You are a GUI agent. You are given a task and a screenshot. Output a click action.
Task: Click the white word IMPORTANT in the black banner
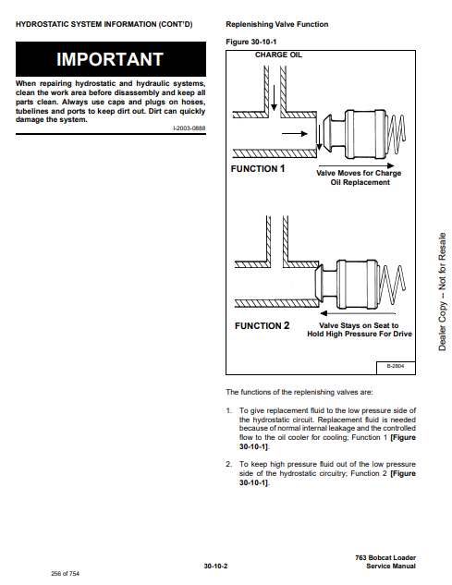pyautogui.click(x=110, y=59)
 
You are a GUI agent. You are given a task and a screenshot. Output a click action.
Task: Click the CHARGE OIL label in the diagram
pyautogui.click(x=278, y=55)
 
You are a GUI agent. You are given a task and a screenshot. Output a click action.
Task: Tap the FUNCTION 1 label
pyautogui.click(x=258, y=168)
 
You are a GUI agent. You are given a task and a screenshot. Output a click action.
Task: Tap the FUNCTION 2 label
pyautogui.click(x=262, y=325)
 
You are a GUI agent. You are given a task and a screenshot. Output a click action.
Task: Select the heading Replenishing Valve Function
pyautogui.click(x=277, y=24)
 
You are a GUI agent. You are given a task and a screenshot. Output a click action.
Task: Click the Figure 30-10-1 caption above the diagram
pyautogui.click(x=251, y=42)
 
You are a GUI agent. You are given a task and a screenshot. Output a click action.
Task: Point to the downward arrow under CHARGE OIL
pyautogui.click(x=274, y=98)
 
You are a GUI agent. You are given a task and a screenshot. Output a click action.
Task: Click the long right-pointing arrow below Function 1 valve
pyautogui.click(x=356, y=165)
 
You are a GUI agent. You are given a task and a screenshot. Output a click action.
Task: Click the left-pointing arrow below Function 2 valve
pyautogui.click(x=358, y=313)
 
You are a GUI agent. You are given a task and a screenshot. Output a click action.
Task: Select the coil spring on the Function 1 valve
pyautogui.click(x=397, y=134)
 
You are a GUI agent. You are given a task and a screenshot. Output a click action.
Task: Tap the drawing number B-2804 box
pyautogui.click(x=396, y=367)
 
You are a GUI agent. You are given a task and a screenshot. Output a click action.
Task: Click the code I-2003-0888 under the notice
pyautogui.click(x=189, y=128)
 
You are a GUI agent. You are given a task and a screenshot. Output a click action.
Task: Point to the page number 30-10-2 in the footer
pyautogui.click(x=215, y=566)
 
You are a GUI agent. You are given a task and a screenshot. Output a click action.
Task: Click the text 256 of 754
pyautogui.click(x=66, y=573)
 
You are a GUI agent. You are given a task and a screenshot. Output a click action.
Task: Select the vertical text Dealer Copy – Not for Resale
pyautogui.click(x=442, y=292)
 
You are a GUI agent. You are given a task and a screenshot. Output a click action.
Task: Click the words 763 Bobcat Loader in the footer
pyautogui.click(x=385, y=558)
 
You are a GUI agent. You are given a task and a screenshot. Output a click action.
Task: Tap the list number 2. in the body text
pyautogui.click(x=229, y=465)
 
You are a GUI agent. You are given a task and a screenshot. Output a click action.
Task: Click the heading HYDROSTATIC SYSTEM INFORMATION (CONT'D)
pyautogui.click(x=104, y=25)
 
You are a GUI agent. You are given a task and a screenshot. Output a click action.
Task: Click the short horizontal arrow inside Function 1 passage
pyautogui.click(x=295, y=134)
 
